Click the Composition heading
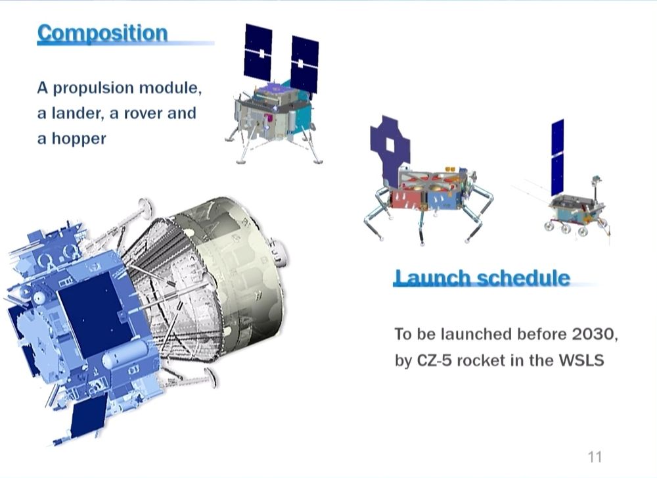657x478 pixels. (x=102, y=33)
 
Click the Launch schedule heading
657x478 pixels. (x=482, y=277)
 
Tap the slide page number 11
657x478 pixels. (x=595, y=456)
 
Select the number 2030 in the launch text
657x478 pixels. (x=593, y=334)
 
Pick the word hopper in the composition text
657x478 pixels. (x=79, y=139)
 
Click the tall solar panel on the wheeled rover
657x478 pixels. (x=557, y=158)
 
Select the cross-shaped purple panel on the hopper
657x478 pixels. (x=390, y=149)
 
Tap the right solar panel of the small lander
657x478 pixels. (x=304, y=64)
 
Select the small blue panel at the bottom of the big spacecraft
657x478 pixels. (x=89, y=415)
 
